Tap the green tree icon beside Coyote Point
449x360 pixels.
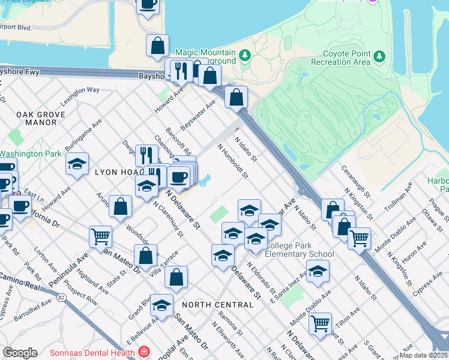coord(379,56)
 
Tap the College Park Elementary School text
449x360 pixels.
coord(300,250)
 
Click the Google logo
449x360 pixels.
coord(20,353)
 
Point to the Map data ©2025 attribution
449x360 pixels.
coord(423,355)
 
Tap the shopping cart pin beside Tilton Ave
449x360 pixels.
coord(321,324)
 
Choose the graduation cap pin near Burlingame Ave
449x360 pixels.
coord(77,164)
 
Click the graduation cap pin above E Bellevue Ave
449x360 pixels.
coord(161,305)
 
